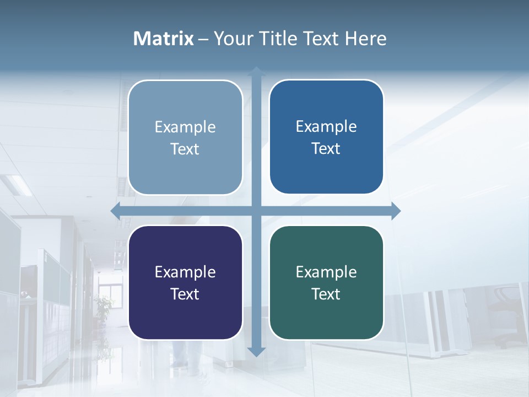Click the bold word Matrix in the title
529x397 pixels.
click(x=164, y=39)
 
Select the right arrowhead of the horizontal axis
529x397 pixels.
click(x=396, y=211)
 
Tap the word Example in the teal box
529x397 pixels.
click(x=326, y=272)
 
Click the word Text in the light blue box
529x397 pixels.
click(x=185, y=149)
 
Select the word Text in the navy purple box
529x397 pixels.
click(x=185, y=294)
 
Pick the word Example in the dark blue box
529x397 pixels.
click(x=326, y=126)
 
